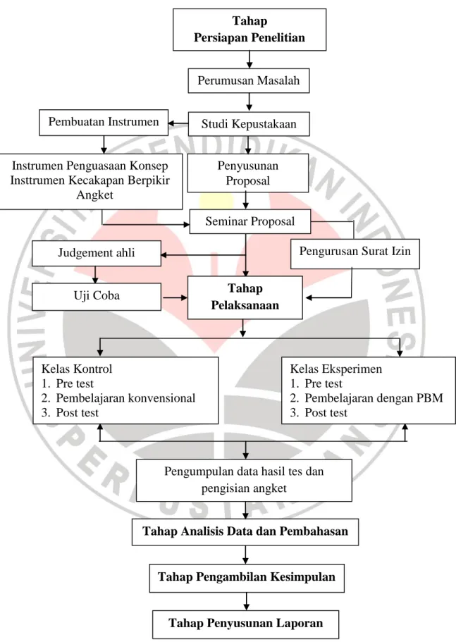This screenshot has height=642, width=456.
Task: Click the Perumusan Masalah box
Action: [x=249, y=80]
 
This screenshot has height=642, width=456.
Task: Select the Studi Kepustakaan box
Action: [x=249, y=124]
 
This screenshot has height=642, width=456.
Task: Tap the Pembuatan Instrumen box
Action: [x=104, y=122]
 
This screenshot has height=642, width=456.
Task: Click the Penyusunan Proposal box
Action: [x=247, y=173]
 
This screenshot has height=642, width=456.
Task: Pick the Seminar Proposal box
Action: [x=249, y=221]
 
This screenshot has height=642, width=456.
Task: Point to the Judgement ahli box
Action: [x=96, y=253]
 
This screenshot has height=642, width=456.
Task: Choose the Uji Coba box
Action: [x=97, y=297]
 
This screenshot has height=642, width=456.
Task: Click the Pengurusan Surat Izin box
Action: [x=355, y=254]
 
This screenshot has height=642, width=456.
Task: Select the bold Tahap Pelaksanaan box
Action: [x=245, y=297]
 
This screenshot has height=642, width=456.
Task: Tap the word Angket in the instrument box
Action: [x=94, y=195]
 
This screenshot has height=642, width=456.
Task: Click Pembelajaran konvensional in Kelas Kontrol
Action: [x=125, y=398]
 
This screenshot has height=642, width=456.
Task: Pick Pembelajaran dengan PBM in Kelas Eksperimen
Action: [x=374, y=398]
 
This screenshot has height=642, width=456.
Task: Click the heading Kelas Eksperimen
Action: [x=335, y=369]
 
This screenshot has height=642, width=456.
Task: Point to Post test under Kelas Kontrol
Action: [x=77, y=413]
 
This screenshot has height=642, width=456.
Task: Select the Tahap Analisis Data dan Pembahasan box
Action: [x=245, y=532]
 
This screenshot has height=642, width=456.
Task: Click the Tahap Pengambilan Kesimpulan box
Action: [x=247, y=578]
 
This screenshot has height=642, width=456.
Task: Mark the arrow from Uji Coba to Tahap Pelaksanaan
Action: [x=175, y=297]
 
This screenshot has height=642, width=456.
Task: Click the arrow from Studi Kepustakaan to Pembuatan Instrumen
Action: [x=178, y=123]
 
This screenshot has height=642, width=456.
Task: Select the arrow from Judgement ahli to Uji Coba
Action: [x=95, y=275]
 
